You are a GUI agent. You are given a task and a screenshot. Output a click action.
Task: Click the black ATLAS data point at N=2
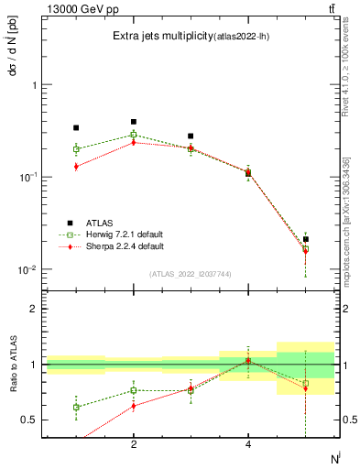point(134,122)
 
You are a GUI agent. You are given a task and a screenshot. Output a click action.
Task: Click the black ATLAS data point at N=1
point(76,128)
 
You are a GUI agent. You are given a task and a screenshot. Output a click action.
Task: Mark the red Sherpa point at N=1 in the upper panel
point(76,166)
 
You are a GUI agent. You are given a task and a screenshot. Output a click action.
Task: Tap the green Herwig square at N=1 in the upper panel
point(76,148)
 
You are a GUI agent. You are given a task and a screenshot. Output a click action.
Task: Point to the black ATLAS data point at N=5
point(306,239)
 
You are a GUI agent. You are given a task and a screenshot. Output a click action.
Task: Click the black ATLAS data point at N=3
point(191,136)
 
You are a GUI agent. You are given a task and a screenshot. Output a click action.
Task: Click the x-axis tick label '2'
point(134,445)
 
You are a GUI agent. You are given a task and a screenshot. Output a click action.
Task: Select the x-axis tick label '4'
point(248,445)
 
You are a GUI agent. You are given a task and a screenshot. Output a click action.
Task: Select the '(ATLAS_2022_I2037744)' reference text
point(190,274)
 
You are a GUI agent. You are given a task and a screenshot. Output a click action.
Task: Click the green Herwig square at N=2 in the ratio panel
point(134,390)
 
